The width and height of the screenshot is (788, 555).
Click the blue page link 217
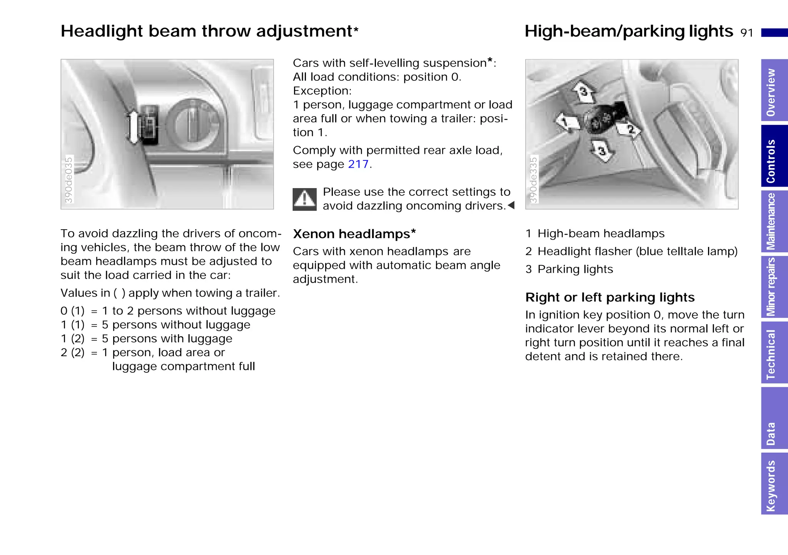(358, 164)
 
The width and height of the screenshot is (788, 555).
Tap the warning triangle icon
(304, 199)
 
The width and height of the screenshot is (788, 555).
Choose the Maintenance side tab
(774, 222)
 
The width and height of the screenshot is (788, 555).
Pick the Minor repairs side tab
(774, 287)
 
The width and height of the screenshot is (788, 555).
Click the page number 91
(747, 33)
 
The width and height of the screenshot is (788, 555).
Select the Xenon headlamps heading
(354, 234)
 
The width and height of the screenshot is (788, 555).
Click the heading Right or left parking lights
(610, 297)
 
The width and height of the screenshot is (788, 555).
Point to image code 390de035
(68, 180)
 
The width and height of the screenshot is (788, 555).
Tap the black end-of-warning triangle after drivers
(511, 205)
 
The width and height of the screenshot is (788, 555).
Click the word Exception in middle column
(322, 91)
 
